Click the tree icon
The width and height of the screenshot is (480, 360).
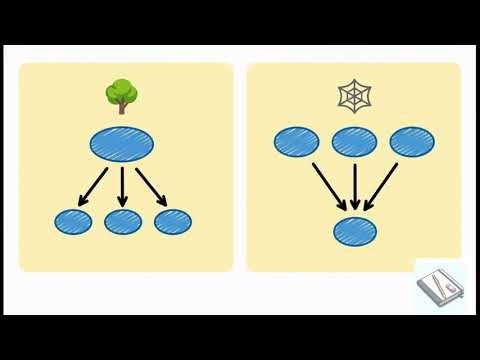[121, 96]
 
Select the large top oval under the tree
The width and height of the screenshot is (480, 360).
[122, 146]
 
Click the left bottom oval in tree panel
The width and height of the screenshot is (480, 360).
[72, 222]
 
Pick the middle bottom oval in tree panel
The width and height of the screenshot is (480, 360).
[122, 222]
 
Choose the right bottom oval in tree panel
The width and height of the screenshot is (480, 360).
[172, 222]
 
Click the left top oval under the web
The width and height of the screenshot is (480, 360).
[296, 142]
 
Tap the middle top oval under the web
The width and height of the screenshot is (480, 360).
[354, 142]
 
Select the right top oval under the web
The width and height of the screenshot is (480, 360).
[412, 142]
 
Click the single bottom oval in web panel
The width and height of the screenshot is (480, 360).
[356, 230]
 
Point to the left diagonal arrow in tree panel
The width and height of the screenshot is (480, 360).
[93, 185]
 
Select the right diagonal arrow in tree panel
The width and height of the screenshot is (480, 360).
[151, 185]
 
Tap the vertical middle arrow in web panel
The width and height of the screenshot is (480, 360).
[356, 187]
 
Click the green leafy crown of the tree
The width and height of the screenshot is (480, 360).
[121, 92]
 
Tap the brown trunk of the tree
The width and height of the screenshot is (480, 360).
[121, 107]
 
